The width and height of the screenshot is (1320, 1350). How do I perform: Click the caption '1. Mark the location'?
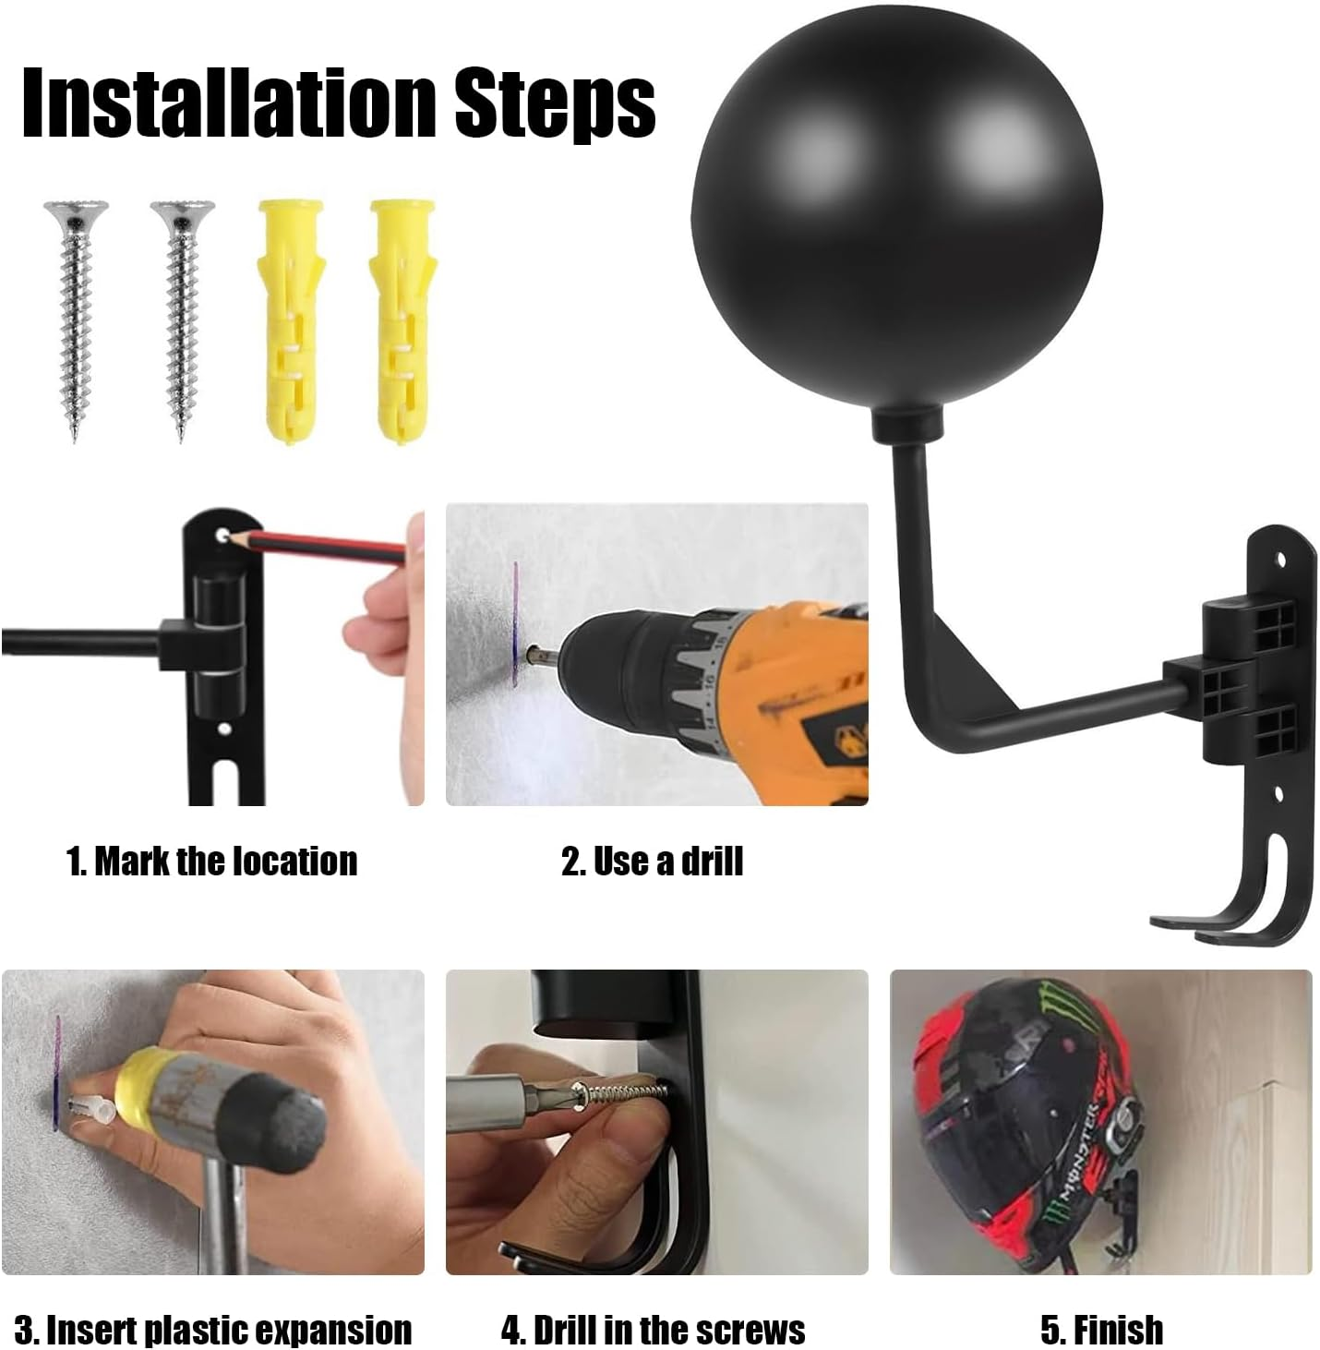(211, 861)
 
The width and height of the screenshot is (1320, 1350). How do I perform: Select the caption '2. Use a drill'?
(652, 861)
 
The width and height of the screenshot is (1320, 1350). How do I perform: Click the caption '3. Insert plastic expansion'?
(212, 1330)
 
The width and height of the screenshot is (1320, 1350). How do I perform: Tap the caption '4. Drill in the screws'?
(653, 1330)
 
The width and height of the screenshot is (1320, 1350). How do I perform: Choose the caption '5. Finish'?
(1101, 1330)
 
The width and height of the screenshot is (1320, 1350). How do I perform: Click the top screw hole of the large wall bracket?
(1279, 559)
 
